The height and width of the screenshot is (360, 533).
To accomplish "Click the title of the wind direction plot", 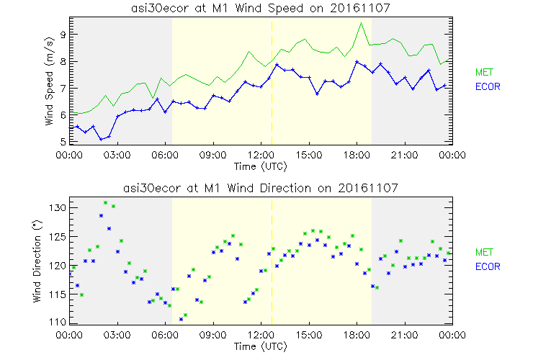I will tap(261, 188).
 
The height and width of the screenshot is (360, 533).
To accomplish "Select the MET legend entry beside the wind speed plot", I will tap(484, 72).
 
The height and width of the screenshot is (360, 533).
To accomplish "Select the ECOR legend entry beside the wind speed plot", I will tap(488, 87).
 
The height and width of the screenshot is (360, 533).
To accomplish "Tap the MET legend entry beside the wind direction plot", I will tap(484, 253).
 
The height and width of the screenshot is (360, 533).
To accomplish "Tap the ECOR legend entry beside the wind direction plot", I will tap(488, 267).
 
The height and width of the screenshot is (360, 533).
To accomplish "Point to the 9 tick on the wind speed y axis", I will tap(63, 34).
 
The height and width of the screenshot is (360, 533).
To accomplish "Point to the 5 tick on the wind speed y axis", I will tap(63, 142).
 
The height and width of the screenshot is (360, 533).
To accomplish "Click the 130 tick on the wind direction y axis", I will tap(58, 207).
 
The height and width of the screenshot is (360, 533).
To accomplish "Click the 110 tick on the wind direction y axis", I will tap(58, 322).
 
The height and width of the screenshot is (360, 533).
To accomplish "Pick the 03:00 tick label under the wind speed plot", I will tap(117, 154).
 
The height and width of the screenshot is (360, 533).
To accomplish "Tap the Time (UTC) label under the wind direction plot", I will tap(261, 346).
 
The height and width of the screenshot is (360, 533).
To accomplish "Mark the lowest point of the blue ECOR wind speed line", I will tap(102, 138).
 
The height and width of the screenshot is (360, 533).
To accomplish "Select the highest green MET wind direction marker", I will tap(105, 203).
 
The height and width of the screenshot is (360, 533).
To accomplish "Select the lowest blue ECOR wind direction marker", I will tap(182, 319).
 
